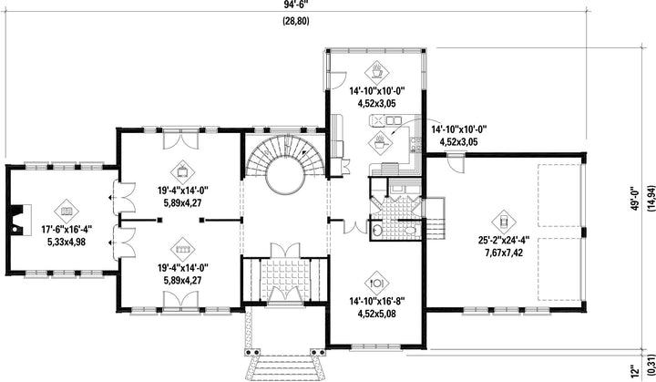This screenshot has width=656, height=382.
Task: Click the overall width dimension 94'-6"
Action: pyautogui.click(x=296, y=4)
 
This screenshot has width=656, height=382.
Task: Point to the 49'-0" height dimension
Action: pyautogui.click(x=636, y=197)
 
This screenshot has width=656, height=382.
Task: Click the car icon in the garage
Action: pyautogui.click(x=504, y=222)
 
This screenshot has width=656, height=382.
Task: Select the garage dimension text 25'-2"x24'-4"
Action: pyautogui.click(x=504, y=241)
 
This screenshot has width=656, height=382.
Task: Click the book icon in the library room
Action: pyautogui.click(x=67, y=212)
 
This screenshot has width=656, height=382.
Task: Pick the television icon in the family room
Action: pyautogui.click(x=183, y=172)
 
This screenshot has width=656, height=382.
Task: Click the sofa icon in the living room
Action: pyautogui.click(x=183, y=249)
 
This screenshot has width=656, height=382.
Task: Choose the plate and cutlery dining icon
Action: pyautogui.click(x=376, y=283)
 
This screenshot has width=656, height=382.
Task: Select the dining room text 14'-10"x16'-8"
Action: pyautogui.click(x=376, y=301)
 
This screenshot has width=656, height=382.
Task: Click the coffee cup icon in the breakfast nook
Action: pyautogui.click(x=376, y=72)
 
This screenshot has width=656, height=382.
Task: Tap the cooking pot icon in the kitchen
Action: pyautogui.click(x=381, y=142)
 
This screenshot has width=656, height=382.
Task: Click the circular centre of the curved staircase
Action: pyautogui.click(x=286, y=178)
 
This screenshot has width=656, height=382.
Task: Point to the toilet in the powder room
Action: pyautogui.click(x=410, y=230)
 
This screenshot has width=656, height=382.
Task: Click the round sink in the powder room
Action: pyautogui.click(x=377, y=230)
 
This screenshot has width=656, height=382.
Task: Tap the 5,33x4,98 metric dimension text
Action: pyautogui.click(x=67, y=242)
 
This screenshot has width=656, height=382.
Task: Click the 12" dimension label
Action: pyautogui.click(x=636, y=370)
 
